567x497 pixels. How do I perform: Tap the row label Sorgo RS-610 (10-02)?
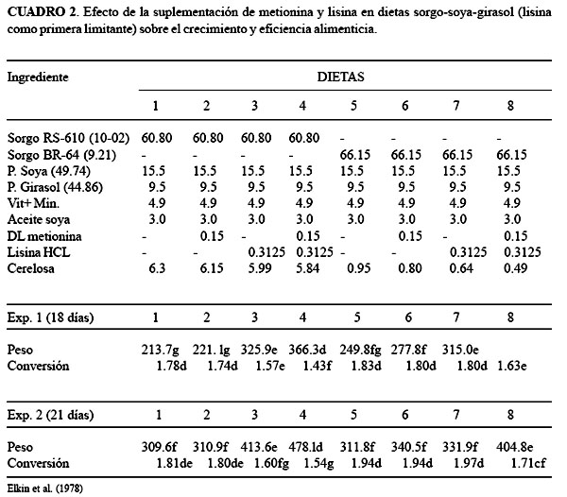pos(68,138)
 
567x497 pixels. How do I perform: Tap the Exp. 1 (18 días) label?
pos(56,317)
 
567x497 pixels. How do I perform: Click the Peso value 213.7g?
pos(161,349)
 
